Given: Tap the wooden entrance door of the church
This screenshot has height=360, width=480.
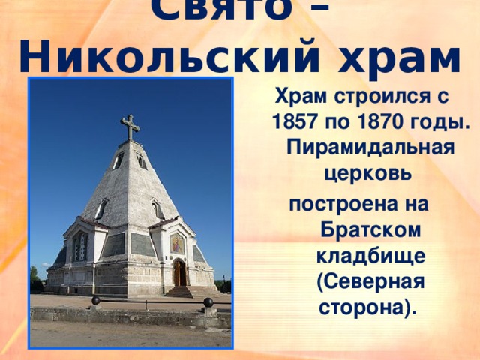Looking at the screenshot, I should [179, 273].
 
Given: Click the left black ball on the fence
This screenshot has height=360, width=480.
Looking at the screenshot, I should [95, 301].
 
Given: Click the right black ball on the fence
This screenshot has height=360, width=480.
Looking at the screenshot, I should [208, 301].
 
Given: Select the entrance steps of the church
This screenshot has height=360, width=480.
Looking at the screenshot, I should [179, 291].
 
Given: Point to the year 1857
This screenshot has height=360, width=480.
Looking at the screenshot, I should [298, 121].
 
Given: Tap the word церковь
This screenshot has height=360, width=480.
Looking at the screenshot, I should [367, 173].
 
